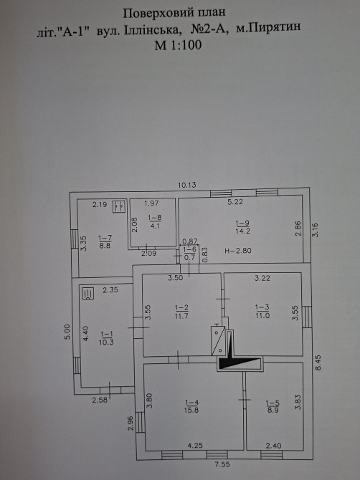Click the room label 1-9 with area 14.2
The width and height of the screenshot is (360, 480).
[x=242, y=227]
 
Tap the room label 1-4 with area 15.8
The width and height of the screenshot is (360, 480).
[x=191, y=406]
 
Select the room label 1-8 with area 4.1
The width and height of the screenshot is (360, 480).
[x=155, y=221]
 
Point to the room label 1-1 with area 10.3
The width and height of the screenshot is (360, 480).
[x=106, y=338]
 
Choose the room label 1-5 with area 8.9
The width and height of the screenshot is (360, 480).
[x=273, y=406]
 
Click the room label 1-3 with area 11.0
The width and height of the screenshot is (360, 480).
[x=262, y=312]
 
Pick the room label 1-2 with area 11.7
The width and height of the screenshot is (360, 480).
[x=181, y=312]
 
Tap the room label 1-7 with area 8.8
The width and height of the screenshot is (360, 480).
[x=105, y=241]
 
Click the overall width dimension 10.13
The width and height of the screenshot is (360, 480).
[x=187, y=185]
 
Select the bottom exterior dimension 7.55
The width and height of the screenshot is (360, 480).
[x=222, y=464]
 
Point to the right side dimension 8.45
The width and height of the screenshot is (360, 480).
[x=318, y=363]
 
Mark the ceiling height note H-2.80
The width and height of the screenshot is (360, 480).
[x=238, y=251]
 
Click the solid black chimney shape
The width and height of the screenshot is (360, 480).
[x=238, y=355]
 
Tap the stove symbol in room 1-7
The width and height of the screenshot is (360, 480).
[x=119, y=206]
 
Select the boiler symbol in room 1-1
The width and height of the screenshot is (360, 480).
[x=88, y=293]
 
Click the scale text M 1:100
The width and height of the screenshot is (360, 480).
[x=178, y=45]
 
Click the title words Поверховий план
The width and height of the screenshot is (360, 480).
[x=174, y=13]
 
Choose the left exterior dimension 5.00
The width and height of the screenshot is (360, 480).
[x=67, y=332]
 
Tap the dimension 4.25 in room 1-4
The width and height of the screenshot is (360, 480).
[x=195, y=446]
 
